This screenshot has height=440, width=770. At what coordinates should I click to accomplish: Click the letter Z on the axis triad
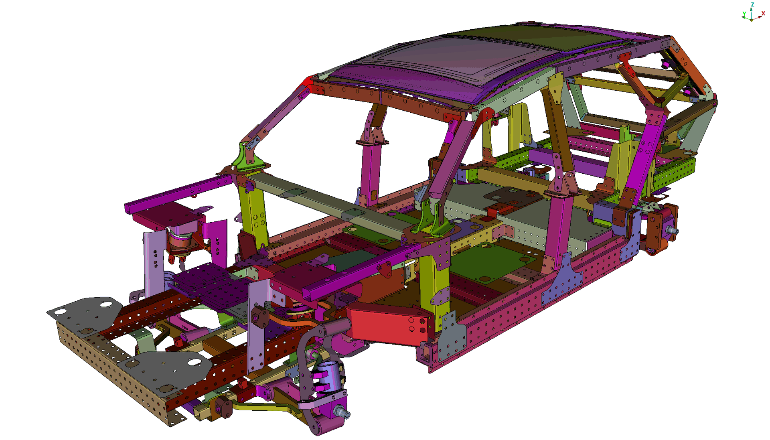[752, 4]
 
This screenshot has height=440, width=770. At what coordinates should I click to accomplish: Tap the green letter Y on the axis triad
[744, 14]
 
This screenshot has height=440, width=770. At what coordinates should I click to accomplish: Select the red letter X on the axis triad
[763, 13]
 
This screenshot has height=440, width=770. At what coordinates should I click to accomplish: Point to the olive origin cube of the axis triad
[752, 20]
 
